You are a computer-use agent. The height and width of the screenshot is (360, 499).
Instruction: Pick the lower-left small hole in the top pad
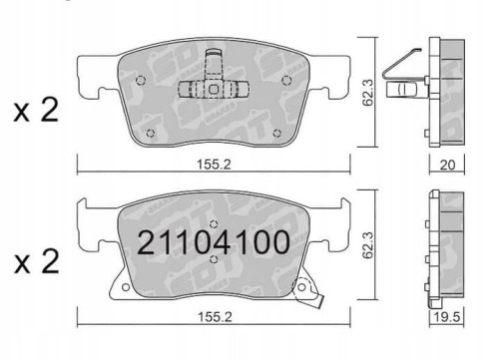pos(151,132)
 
